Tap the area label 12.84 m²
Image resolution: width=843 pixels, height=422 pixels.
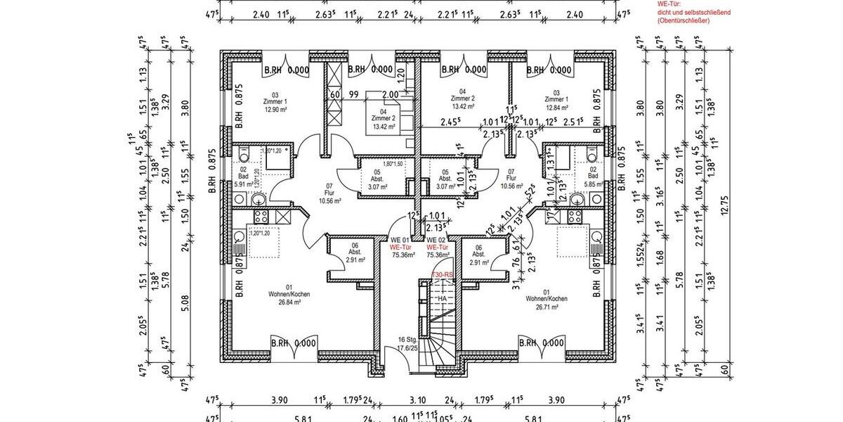[556, 109]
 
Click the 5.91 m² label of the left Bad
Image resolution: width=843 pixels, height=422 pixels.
[242, 185]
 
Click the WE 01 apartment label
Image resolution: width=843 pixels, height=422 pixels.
[400, 240]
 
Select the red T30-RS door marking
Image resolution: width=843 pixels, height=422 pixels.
[442, 274]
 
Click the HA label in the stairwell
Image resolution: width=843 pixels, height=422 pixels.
[442, 298]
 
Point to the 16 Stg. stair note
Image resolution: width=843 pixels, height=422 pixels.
[407, 339]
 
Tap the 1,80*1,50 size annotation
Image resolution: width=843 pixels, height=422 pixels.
[392, 163]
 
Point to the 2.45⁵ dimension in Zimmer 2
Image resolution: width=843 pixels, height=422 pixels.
[450, 121]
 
